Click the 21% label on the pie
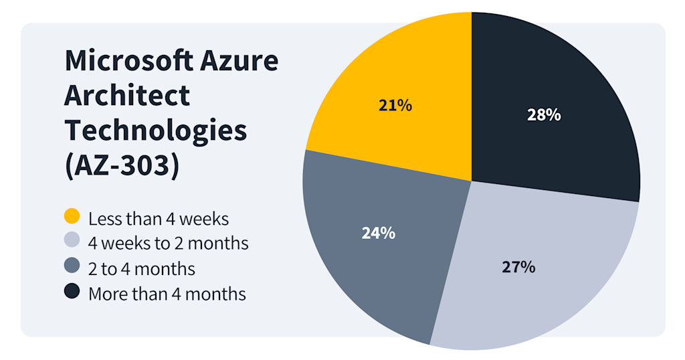click(395, 105)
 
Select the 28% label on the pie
click(543, 114)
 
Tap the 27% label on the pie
click(518, 267)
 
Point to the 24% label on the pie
click(378, 233)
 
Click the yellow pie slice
click(401, 80)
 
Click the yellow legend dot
click(72, 217)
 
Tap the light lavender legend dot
click(72, 242)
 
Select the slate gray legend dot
click(72, 267)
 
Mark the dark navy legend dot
click(72, 292)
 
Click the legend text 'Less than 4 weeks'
click(159, 218)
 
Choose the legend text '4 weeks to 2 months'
click(168, 243)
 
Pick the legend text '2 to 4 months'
click(142, 268)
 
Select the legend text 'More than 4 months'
click(167, 293)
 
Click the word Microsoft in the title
click(127, 62)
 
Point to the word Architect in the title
click(127, 96)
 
